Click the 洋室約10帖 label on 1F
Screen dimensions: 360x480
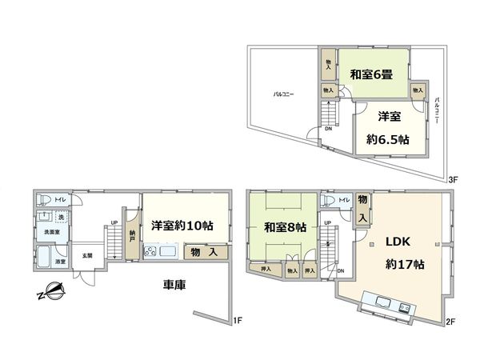(x=182, y=225)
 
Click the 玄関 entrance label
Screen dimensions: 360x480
(x=86, y=255)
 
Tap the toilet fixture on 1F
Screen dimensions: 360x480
(x=46, y=199)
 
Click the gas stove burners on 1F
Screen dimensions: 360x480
(x=150, y=253)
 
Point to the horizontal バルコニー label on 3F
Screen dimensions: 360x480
(x=283, y=94)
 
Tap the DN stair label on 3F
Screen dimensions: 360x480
(x=328, y=128)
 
